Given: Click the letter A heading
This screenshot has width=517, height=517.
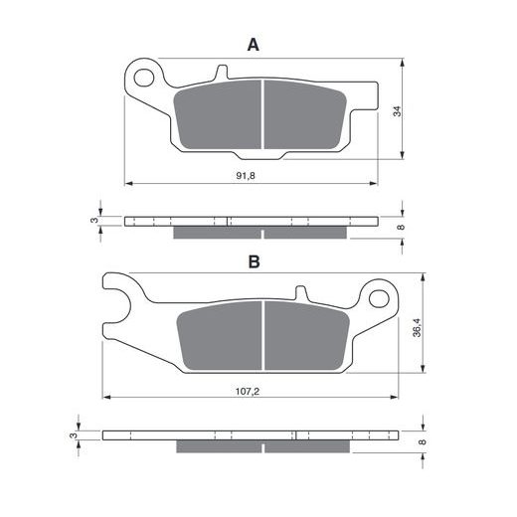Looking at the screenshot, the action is point(254,45).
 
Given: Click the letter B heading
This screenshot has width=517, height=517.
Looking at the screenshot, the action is point(255,261).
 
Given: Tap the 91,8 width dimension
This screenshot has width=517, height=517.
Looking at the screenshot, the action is point(246,176).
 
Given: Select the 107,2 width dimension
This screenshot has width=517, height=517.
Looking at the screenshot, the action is point(248,392).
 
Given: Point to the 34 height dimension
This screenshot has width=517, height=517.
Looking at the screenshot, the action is point(397,111).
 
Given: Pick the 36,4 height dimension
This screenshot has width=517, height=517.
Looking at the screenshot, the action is point(417,327).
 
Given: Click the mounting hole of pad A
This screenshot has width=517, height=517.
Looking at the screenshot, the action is point(144,78).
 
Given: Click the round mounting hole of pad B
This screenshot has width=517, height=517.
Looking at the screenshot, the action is point(379,298).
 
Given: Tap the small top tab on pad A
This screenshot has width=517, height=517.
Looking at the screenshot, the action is point(222,72).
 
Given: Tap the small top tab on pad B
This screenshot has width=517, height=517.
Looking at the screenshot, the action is point(301,293).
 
